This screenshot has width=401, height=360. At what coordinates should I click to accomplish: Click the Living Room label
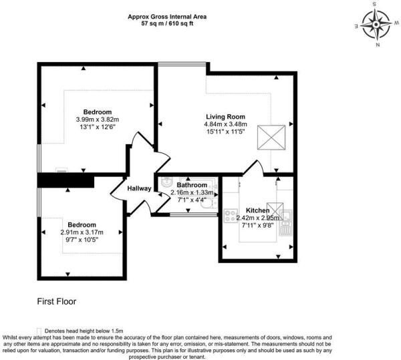226,117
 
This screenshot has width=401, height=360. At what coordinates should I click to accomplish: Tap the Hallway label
139,188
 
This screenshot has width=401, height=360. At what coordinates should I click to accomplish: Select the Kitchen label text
257,210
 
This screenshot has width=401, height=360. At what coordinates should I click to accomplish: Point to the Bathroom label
192,185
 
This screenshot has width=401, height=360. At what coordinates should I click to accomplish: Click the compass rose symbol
376,25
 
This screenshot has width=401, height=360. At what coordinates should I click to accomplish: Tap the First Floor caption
57,301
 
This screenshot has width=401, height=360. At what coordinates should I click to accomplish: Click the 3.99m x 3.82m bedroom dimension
98,120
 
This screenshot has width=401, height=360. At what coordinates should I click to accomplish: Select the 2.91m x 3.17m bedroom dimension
82,232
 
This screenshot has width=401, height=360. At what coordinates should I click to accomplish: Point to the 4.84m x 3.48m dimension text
226,124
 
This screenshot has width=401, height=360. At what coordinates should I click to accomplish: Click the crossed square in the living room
271,137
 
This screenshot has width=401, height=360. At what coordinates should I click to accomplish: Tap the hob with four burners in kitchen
231,216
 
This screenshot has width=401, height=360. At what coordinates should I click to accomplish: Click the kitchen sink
285,222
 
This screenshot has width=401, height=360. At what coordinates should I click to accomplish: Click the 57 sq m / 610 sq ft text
167,24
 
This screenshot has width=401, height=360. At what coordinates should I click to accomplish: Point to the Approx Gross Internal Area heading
167,17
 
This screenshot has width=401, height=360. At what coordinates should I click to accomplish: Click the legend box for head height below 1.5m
39,331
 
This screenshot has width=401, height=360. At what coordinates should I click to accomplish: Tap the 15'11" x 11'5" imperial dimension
226,132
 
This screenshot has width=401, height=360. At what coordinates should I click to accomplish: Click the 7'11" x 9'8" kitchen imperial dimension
257,225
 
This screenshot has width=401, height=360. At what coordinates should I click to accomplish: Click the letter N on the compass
378,45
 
